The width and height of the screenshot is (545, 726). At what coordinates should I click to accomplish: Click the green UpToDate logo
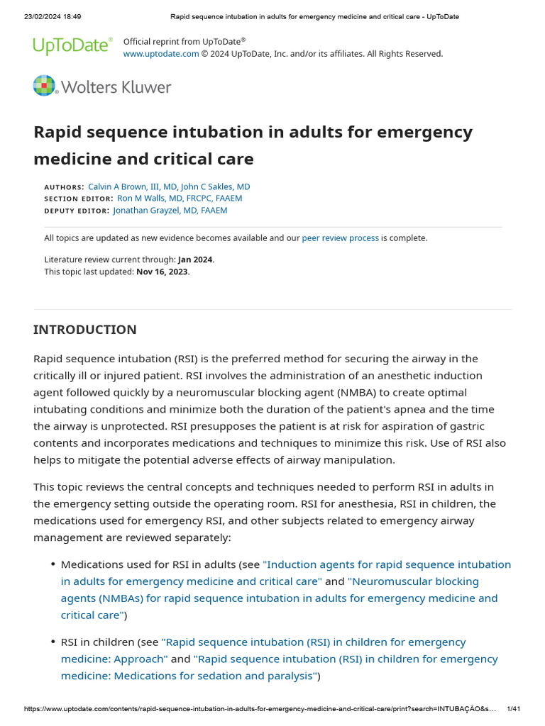pos(72,46)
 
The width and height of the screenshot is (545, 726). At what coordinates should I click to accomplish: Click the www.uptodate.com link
pos(161,54)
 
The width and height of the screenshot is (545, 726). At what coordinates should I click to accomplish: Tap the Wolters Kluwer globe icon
pos(45,86)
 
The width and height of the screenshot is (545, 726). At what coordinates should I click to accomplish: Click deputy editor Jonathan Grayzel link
pos(170,211)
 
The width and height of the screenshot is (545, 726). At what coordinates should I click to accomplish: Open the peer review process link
pos(341,238)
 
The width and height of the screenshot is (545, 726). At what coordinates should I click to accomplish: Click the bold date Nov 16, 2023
pos(163,272)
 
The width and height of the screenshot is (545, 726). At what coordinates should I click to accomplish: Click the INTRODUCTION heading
pos(85,330)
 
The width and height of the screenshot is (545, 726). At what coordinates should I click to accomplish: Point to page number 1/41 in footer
pos(514,709)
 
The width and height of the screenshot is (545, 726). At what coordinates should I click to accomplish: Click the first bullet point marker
pos(53,565)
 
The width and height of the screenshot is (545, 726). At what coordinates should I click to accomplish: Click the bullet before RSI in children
pos(53,642)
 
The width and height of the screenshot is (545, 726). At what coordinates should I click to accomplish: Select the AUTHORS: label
pos(64,187)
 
